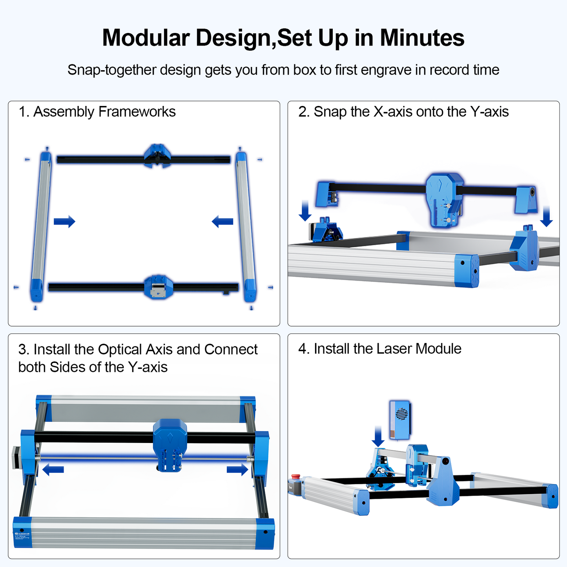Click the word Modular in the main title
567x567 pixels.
[146, 38]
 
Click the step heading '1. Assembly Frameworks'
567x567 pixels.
[97, 112]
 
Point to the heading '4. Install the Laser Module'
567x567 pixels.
[379, 349]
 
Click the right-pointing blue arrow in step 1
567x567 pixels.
[64, 221]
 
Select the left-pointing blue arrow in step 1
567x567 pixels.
[222, 221]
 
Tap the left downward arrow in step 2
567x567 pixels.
[305, 211]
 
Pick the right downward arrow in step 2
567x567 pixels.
[546, 217]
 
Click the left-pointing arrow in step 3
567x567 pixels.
[53, 469]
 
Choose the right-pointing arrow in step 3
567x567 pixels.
[237, 469]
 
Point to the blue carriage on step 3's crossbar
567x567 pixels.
[170, 443]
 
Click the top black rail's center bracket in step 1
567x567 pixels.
[157, 155]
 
